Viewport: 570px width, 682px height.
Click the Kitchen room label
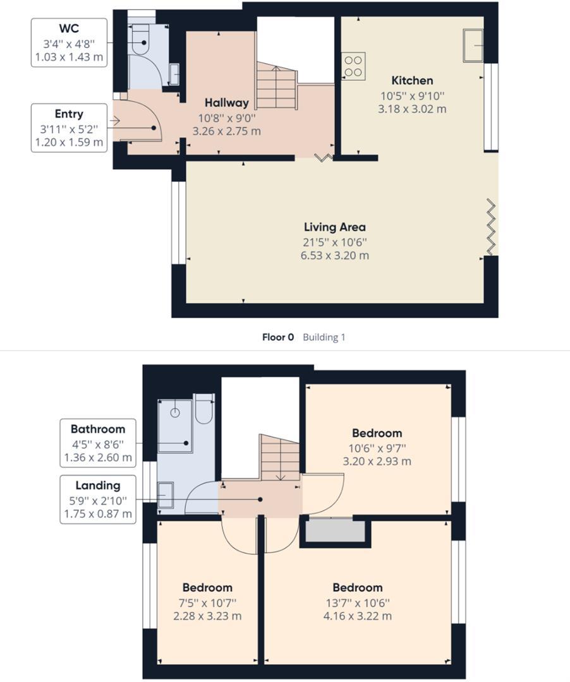click(412, 80)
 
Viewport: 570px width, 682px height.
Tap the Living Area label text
click(334, 227)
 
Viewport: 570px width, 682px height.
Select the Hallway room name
click(226, 102)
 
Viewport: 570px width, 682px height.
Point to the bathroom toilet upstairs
click(203, 409)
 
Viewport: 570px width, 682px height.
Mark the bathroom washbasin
click(166, 494)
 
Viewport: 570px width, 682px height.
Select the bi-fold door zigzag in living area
click(491, 227)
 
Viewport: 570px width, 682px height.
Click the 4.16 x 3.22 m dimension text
click(358, 616)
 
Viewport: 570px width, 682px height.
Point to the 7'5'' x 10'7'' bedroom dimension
click(207, 602)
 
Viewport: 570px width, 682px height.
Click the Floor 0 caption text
click(277, 337)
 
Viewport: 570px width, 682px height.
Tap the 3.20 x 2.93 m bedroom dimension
click(377, 461)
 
